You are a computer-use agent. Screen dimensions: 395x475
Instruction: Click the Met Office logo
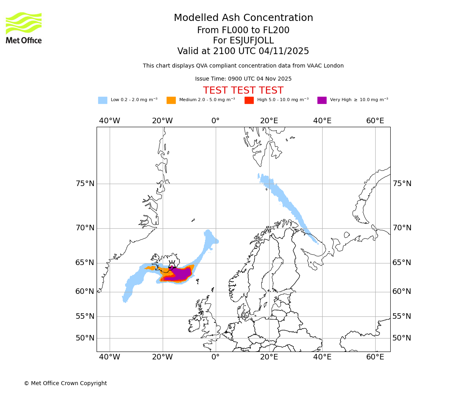(24, 28)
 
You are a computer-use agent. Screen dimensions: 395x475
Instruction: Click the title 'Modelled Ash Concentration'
(243, 18)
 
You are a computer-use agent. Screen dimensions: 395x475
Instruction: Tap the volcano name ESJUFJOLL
(243, 41)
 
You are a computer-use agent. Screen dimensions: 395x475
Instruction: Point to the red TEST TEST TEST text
(243, 90)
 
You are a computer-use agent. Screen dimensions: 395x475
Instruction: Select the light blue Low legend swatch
(103, 100)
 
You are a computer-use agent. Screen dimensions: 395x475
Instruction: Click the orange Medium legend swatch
(171, 100)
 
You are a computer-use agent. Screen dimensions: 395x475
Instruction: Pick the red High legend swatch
(249, 100)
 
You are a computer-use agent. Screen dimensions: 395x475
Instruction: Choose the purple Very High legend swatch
(322, 100)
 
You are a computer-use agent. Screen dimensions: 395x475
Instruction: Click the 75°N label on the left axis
(85, 184)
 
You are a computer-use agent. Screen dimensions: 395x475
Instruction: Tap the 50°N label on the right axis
(402, 338)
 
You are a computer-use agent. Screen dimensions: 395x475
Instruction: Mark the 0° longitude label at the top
(215, 121)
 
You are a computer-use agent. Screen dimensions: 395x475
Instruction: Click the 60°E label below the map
(375, 357)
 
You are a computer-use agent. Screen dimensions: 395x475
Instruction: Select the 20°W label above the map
(162, 121)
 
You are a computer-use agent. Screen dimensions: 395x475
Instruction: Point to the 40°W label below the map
(109, 357)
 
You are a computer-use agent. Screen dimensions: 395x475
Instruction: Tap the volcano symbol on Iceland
(172, 265)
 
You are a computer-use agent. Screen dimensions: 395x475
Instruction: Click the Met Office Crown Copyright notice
(65, 384)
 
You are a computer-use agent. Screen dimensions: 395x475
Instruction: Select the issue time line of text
(243, 79)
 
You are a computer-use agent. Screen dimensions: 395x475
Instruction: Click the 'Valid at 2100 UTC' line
(243, 51)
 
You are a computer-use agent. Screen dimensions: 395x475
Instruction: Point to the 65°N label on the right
(402, 263)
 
